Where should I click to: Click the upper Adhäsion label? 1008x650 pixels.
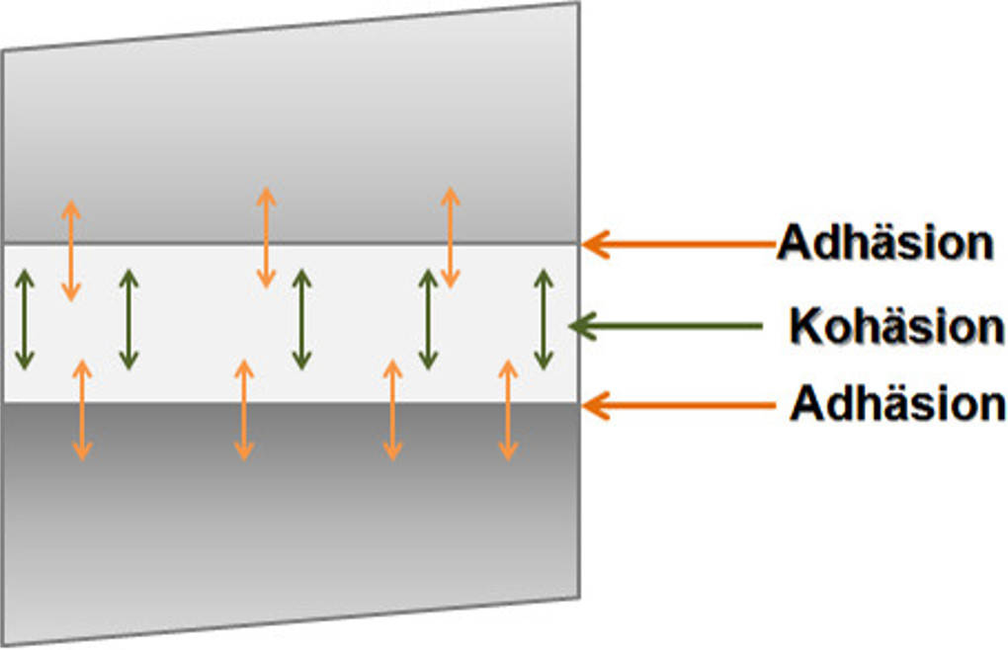click(x=884, y=242)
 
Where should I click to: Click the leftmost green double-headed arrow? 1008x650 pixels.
click(x=25, y=320)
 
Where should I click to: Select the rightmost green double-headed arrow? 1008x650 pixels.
click(x=543, y=319)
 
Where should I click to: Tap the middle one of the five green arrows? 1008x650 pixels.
click(x=301, y=320)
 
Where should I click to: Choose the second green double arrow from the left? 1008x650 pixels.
click(x=128, y=320)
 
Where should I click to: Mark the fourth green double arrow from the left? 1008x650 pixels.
click(x=428, y=320)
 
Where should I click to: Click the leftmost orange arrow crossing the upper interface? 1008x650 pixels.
click(x=70, y=250)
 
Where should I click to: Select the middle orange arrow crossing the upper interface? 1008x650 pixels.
click(x=265, y=238)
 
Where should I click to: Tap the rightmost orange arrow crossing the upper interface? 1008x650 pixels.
click(x=450, y=238)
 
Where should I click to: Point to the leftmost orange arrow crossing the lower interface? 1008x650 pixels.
click(x=82, y=410)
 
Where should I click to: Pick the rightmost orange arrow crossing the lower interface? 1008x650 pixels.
click(x=508, y=410)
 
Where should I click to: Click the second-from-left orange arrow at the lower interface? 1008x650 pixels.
click(x=244, y=410)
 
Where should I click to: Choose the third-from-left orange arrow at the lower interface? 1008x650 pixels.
click(x=392, y=410)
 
